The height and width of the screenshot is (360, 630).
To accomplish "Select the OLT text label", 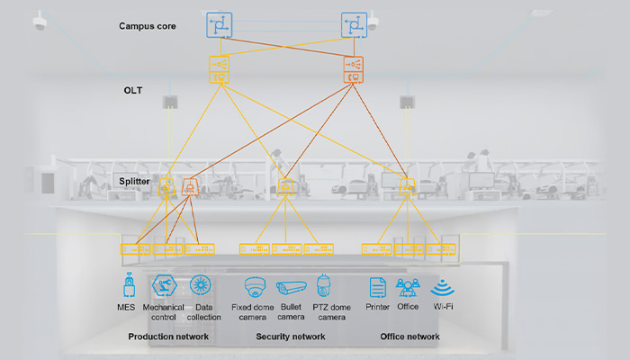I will (134, 91).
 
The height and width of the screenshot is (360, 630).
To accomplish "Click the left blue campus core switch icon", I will (219, 24).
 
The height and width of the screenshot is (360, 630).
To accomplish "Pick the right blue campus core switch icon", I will (355, 24).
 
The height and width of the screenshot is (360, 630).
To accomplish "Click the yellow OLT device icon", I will (220, 69).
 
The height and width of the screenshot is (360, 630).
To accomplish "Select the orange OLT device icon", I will (355, 69).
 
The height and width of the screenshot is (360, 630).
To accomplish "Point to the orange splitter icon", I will (190, 187).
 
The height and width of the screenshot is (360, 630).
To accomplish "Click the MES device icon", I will (129, 286).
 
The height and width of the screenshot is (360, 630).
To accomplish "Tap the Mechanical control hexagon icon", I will (163, 286).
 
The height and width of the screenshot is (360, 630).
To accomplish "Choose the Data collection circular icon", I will (201, 286).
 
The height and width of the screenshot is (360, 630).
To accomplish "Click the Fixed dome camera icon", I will (254, 286).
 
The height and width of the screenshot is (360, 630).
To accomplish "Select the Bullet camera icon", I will (291, 287).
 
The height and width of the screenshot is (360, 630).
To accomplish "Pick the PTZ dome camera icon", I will (323, 286).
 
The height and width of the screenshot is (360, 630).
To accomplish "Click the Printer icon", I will (378, 286).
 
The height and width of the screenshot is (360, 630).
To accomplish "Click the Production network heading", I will (168, 337).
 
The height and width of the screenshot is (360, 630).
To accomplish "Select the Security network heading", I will (291, 337).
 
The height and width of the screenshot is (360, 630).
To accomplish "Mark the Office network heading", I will (409, 337).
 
